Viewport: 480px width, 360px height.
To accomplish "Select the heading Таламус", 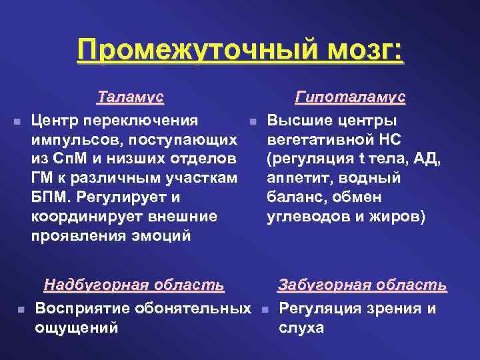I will pos(130,97).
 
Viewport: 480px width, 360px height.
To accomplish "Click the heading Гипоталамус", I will pos(350,97).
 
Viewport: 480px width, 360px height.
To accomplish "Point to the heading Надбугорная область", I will pos(134,285).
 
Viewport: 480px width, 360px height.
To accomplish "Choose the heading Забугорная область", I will pos(362,285).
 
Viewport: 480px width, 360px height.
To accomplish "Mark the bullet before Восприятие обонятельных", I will pos(21,310).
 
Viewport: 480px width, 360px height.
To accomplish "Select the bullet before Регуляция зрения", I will pos(264,310).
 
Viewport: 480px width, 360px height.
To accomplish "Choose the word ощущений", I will pos(76,328).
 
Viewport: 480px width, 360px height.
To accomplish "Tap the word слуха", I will pos(301,328).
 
